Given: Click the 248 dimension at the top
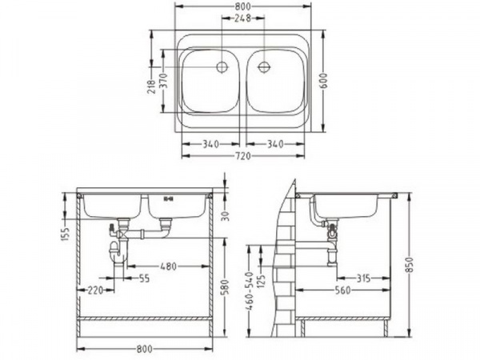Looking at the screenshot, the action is [242, 18].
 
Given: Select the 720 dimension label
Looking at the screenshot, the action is [243, 156].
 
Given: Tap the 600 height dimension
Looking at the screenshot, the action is [323, 81].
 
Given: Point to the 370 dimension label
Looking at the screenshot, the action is [164, 81].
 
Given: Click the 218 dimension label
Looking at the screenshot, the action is [151, 86].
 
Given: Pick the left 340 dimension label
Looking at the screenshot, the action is [210, 144].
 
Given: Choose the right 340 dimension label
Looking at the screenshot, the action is [275, 144].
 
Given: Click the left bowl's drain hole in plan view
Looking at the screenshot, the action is [222, 67].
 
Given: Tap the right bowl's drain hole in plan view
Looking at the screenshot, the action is [263, 67].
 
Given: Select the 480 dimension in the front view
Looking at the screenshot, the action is [169, 266].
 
